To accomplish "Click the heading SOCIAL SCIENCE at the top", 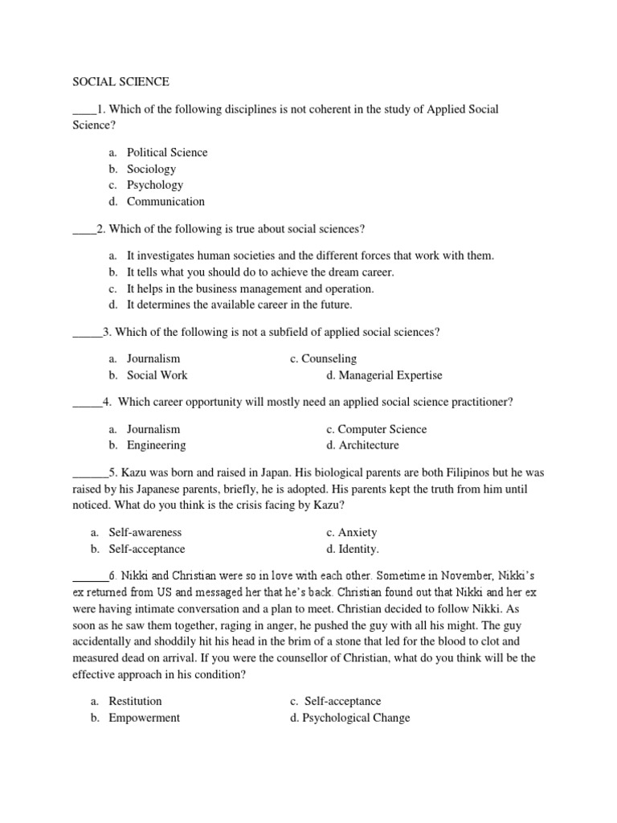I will click(121, 81).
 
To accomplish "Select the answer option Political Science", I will click(166, 152).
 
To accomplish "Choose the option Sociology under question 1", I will click(151, 169).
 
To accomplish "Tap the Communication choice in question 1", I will click(165, 201).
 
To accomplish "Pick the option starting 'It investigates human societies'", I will click(310, 256).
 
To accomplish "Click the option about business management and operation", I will click(250, 289).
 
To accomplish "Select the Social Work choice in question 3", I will click(157, 375).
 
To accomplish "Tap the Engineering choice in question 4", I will click(156, 445).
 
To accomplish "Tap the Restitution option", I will click(135, 701).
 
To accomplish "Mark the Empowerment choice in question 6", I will click(145, 718).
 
